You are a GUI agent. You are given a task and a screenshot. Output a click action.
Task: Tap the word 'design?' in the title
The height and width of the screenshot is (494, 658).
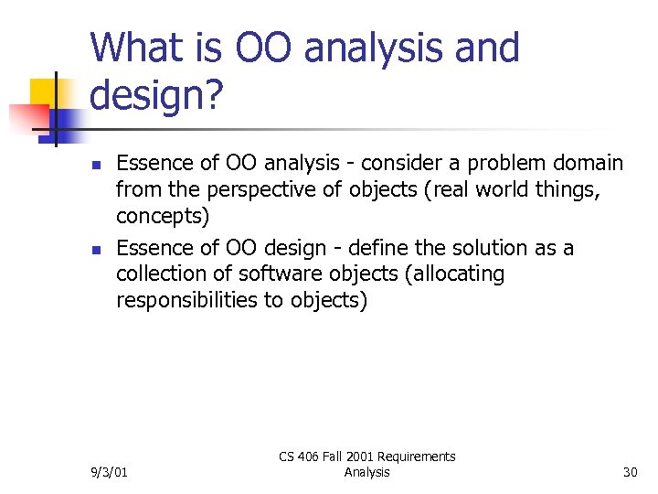click(156, 94)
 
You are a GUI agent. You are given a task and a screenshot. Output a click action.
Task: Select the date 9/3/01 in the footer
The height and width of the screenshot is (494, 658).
click(110, 472)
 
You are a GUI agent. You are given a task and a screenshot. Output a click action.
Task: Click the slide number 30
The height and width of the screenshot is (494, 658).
click(630, 472)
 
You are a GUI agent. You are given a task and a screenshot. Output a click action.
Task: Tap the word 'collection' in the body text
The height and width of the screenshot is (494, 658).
click(160, 274)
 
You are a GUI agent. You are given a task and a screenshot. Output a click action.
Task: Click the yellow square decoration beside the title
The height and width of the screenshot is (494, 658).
click(45, 92)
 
